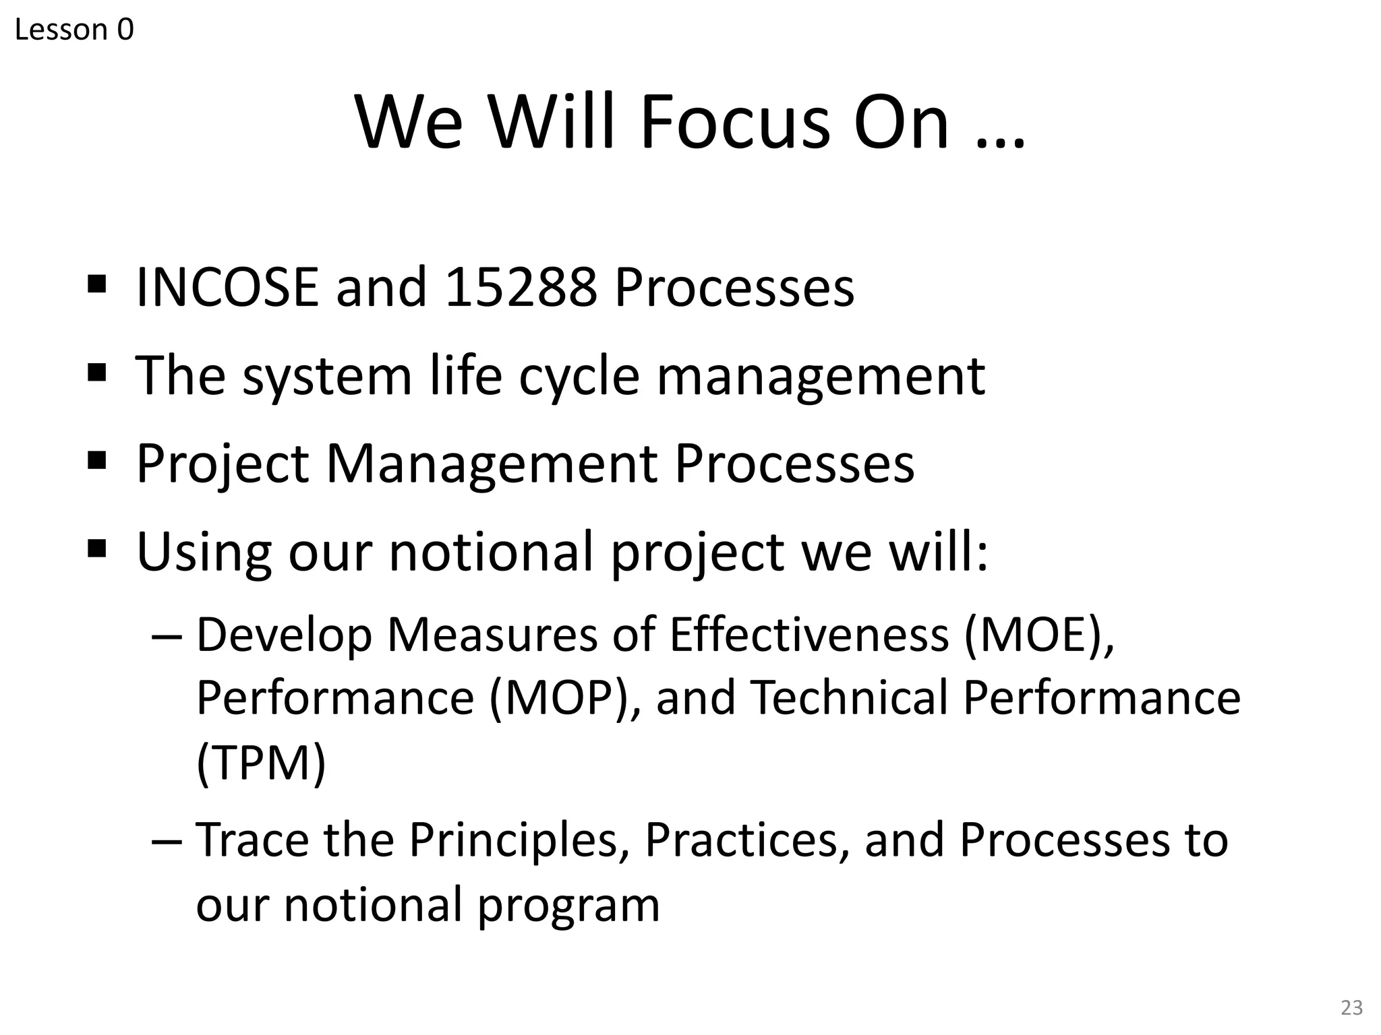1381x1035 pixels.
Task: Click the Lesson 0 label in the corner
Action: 74,30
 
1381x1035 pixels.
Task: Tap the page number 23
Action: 1351,1007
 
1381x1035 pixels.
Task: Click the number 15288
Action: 521,288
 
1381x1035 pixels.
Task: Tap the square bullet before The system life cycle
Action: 97,372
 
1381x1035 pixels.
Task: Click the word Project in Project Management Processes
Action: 223,465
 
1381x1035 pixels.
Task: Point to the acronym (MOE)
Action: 1038,635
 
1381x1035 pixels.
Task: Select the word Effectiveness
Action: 809,635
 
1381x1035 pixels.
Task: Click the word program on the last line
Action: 568,906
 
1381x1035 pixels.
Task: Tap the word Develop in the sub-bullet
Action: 284,636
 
